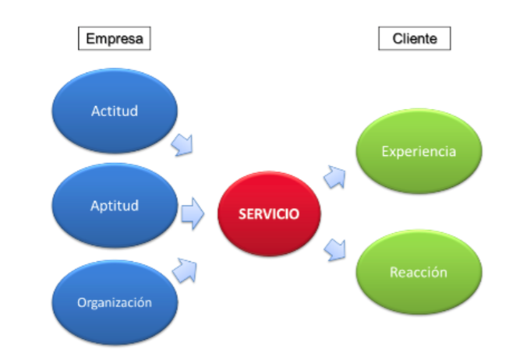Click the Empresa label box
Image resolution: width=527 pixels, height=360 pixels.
click(113, 37)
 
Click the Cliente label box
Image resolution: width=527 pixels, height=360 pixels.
click(414, 37)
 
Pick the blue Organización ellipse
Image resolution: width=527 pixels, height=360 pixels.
click(114, 302)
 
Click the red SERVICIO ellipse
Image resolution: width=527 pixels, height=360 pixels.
click(269, 214)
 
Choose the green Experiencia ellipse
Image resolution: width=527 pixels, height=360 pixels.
click(419, 151)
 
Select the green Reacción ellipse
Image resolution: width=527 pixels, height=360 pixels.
click(419, 273)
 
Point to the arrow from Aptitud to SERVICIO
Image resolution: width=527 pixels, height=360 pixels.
click(192, 213)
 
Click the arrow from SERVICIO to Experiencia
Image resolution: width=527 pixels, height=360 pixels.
click(335, 176)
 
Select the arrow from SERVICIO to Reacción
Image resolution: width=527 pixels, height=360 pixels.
click(335, 249)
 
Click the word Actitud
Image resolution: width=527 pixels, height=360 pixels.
click(114, 111)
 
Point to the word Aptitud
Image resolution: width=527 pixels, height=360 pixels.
click(114, 206)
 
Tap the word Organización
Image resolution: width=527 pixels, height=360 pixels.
click(114, 302)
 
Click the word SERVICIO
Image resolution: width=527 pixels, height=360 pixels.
click(269, 214)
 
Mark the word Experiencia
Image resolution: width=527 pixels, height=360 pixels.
click(419, 151)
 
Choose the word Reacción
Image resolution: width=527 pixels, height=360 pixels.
click(419, 273)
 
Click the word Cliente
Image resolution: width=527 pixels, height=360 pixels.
click(414, 37)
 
